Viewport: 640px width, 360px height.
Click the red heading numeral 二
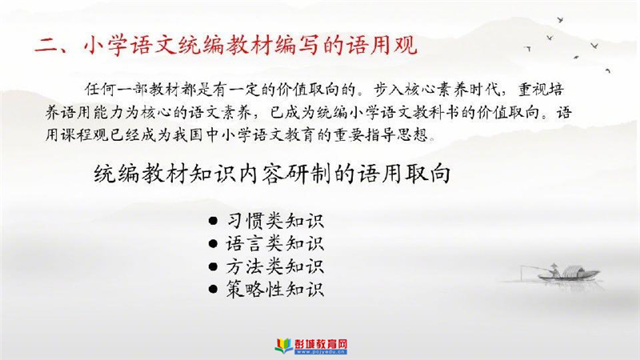(46, 46)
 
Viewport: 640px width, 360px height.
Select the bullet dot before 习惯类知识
(213, 222)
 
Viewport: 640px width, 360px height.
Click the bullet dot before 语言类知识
(213, 244)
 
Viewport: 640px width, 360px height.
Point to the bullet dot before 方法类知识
(213, 267)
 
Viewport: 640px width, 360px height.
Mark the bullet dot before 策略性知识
(213, 290)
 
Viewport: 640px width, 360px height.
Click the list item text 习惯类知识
(274, 222)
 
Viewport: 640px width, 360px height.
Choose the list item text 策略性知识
(274, 290)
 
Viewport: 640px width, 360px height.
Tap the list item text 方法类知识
(274, 267)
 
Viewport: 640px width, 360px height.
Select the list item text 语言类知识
(274, 244)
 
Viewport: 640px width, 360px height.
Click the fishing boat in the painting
(568, 274)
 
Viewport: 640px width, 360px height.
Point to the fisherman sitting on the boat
(554, 270)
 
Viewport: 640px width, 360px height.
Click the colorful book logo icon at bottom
(284, 345)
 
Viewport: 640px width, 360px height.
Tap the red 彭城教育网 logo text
(321, 344)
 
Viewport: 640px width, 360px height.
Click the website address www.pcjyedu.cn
(321, 352)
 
